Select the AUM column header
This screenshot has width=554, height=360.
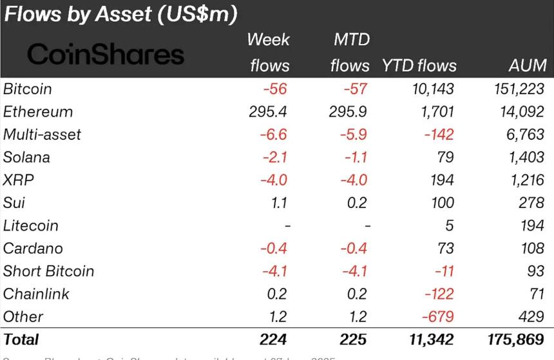point(526,66)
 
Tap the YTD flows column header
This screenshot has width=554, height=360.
point(419,66)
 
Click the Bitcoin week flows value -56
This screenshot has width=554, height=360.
point(274,89)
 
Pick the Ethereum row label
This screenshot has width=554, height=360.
point(38,111)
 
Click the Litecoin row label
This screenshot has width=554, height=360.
point(40,226)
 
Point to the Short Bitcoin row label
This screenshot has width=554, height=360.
point(49,272)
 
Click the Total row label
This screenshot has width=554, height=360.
point(21,339)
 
